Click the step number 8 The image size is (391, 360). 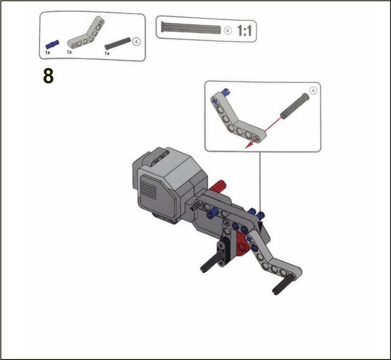click(48, 76)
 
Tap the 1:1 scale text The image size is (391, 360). click(245, 31)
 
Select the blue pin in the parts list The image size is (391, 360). click(53, 44)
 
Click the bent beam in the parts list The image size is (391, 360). click(86, 33)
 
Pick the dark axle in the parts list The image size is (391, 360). click(117, 43)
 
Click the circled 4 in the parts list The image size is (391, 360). click(136, 41)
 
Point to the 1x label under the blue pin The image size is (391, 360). click(47, 53)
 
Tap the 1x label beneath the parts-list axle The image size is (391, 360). click(107, 54)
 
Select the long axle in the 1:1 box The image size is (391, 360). click(191, 27)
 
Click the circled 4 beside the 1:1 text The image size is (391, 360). click(228, 31)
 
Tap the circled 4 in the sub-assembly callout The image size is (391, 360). click(313, 90)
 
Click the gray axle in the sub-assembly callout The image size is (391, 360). click(295, 106)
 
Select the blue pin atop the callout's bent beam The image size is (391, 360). click(226, 92)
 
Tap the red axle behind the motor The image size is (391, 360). click(218, 187)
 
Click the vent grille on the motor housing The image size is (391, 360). click(149, 188)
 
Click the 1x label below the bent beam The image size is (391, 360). click(69, 52)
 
